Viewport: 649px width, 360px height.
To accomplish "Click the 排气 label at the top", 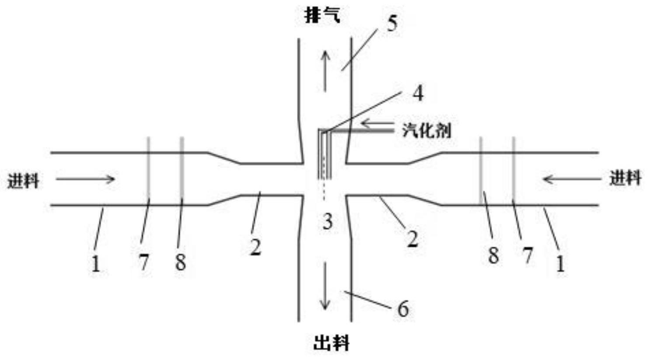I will coord(322,17).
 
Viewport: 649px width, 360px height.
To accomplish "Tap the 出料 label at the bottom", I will coord(331,343).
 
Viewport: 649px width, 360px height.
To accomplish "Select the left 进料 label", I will coord(24,180).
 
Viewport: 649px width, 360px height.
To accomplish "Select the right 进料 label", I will coord(625,178).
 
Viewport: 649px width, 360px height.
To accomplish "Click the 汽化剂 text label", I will coord(426,130).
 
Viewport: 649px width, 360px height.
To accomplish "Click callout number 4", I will coord(418,93).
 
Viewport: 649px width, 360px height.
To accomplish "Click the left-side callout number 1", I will coord(96,264).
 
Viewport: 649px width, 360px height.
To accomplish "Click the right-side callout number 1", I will coord(560,264).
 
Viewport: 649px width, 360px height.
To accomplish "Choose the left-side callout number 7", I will coord(143,262).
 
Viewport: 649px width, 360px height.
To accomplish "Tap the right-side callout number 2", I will coord(412,239).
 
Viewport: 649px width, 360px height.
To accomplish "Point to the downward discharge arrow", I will coord(324,286).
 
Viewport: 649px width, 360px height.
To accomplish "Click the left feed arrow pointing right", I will coord(85,178).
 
